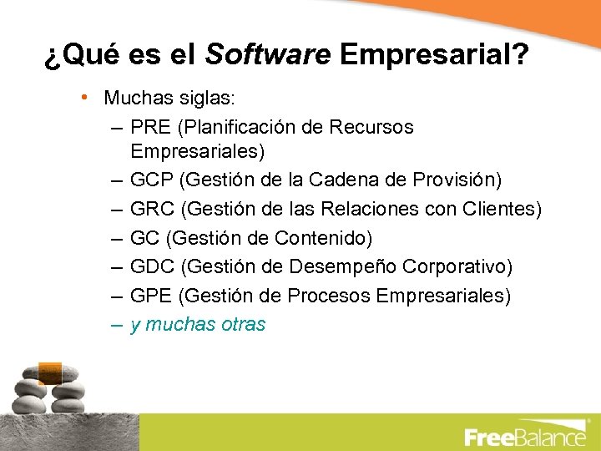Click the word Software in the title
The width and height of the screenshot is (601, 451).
pyautogui.click(x=268, y=55)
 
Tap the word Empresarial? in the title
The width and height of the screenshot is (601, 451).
pyautogui.click(x=434, y=55)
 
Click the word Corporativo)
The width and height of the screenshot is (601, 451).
pyautogui.click(x=457, y=266)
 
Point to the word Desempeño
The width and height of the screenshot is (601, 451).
pyautogui.click(x=341, y=267)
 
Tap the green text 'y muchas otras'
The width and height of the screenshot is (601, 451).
pyautogui.click(x=198, y=324)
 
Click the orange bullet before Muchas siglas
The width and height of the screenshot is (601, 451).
pyautogui.click(x=86, y=97)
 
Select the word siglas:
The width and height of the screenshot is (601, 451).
pyautogui.click(x=206, y=98)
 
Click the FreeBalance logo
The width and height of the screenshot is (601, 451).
pyautogui.click(x=525, y=436)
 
